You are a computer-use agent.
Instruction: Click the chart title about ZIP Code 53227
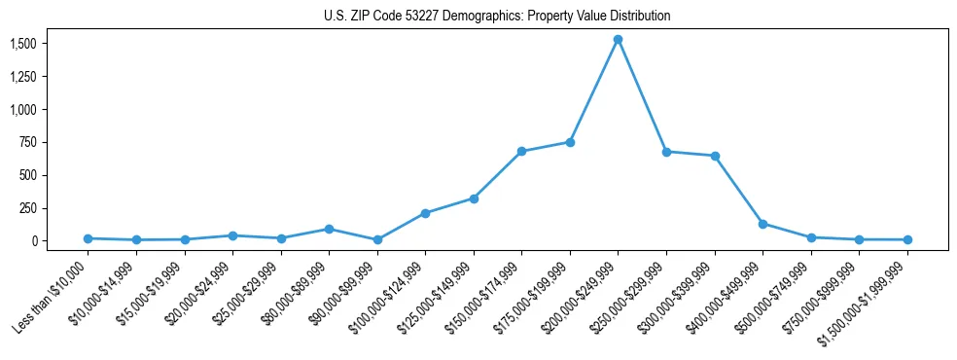(497, 17)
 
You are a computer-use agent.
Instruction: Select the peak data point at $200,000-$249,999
(618, 40)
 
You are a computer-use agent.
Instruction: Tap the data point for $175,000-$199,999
(570, 142)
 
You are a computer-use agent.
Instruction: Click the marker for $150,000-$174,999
(521, 152)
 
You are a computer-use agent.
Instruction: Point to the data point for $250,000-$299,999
(666, 152)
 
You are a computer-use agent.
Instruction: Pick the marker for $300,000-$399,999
(715, 156)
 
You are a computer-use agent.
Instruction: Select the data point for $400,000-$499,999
(762, 224)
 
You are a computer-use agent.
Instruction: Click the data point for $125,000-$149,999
(474, 198)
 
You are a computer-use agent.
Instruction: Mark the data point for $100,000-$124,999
(425, 213)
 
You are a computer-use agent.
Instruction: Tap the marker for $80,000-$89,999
(329, 230)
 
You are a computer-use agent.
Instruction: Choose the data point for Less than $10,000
(88, 238)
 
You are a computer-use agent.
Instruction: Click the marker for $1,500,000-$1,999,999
(907, 239)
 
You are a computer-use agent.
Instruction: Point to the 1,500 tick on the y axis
(23, 44)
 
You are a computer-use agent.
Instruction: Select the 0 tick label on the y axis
(34, 240)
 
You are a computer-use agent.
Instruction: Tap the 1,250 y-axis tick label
(23, 77)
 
